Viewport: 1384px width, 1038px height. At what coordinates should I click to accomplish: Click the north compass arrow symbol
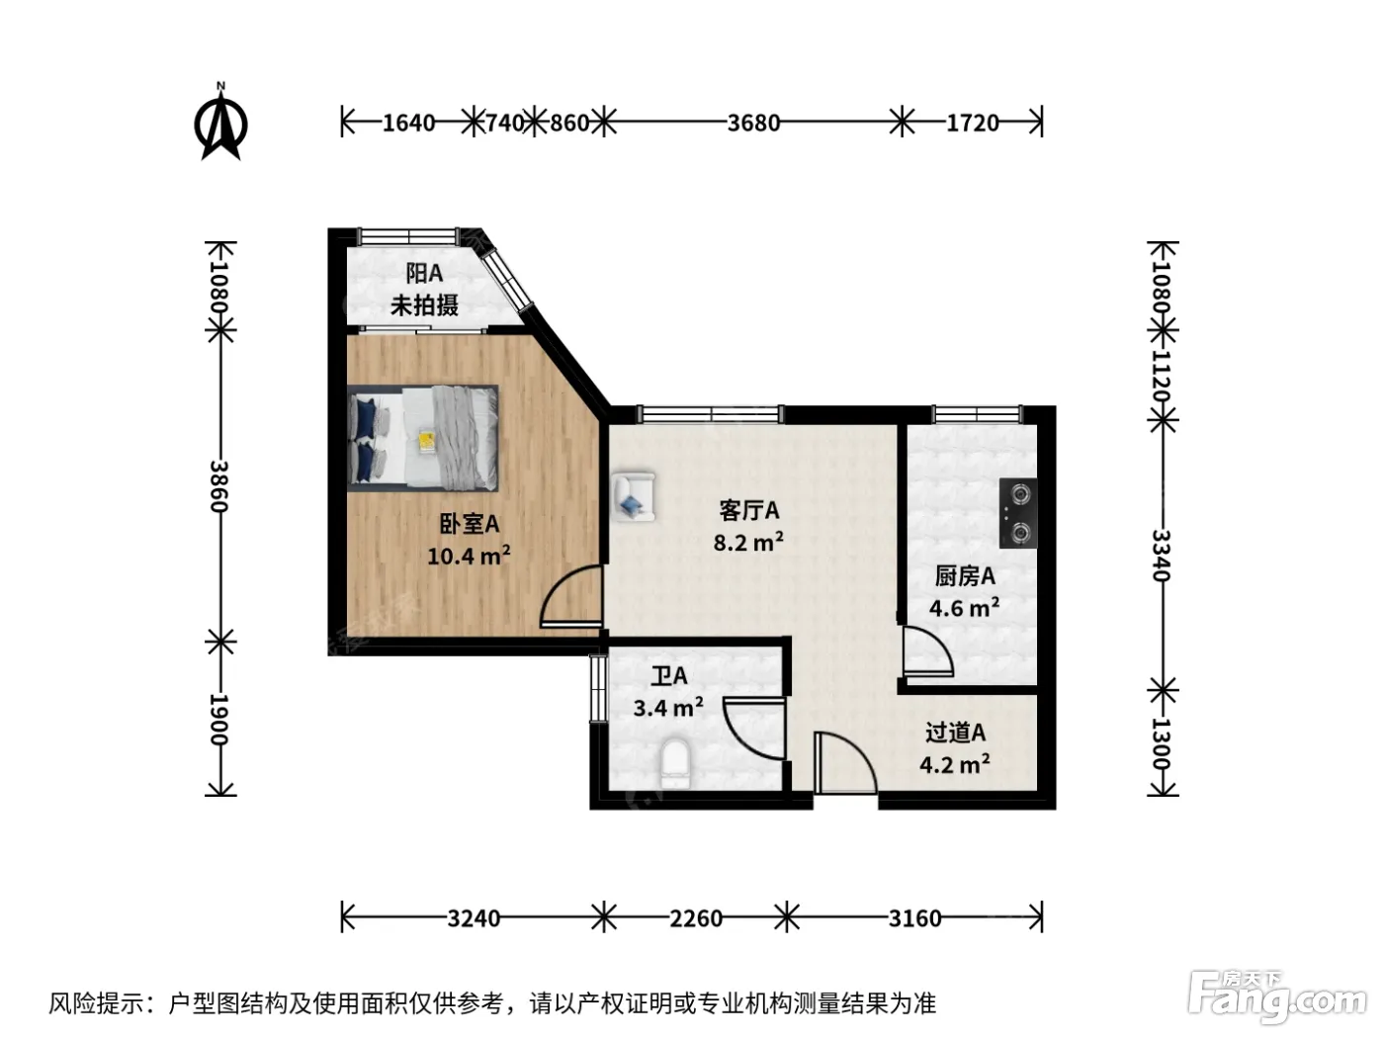(220, 122)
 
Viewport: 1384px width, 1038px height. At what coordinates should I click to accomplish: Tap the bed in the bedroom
(422, 438)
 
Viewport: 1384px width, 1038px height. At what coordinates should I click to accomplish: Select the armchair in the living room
(635, 496)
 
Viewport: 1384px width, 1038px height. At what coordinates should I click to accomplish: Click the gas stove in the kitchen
(1017, 512)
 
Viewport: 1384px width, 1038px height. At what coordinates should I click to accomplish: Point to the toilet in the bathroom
(675, 764)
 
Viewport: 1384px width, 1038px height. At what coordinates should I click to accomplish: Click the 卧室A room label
(470, 524)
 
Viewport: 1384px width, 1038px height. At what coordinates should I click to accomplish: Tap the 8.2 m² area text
(748, 542)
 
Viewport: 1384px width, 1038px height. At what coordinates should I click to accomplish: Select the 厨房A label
(965, 575)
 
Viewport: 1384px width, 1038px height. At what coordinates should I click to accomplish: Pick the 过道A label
(955, 733)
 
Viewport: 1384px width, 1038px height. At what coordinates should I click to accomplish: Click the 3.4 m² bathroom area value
(668, 708)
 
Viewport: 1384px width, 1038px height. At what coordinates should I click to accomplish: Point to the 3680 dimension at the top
(753, 123)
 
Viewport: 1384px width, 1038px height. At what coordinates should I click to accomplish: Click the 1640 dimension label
(408, 123)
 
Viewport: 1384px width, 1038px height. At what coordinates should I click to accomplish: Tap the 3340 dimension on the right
(1162, 556)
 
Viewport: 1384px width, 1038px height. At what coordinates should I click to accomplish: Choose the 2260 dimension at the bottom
(696, 919)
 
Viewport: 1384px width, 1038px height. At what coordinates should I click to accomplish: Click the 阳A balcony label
(424, 274)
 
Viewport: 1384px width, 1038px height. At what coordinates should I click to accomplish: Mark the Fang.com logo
(1276, 996)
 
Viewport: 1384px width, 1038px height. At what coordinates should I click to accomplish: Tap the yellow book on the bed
(427, 440)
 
